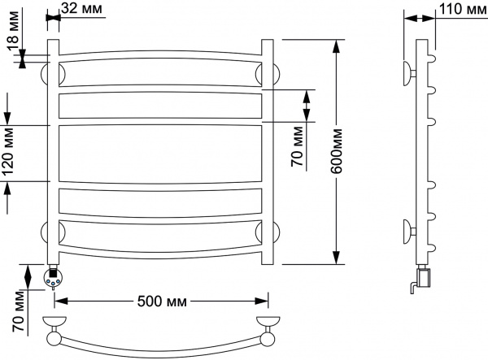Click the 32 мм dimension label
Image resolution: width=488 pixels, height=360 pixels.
click(x=85, y=9)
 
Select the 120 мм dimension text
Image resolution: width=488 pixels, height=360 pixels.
click(x=9, y=153)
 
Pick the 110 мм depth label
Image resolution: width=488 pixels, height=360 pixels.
click(x=460, y=9)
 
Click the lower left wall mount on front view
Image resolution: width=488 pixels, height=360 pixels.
click(x=46, y=231)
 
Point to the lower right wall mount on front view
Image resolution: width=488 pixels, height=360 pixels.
click(x=274, y=231)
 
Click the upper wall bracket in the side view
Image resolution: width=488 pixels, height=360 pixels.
click(x=407, y=73)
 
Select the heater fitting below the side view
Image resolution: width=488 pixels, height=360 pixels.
click(x=420, y=279)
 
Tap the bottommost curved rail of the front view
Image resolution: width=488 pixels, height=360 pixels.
click(x=160, y=246)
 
